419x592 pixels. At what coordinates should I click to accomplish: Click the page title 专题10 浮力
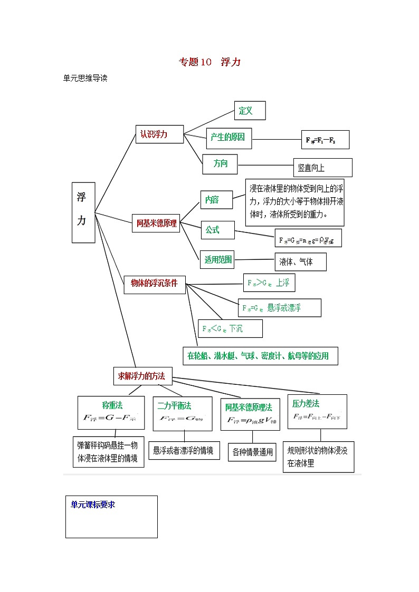[209, 62]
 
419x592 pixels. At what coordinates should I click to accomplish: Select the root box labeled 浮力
[83, 212]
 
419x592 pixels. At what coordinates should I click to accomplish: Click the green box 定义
[249, 111]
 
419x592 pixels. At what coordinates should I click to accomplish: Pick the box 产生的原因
[228, 138]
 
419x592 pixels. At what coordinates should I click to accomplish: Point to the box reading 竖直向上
[322, 168]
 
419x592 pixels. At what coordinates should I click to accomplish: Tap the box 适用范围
[218, 259]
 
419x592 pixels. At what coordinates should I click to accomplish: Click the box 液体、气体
[300, 262]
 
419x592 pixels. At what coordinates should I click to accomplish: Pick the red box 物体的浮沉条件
[154, 284]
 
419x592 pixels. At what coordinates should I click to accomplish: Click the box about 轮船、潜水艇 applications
[260, 356]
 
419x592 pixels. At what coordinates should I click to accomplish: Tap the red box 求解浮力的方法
[142, 376]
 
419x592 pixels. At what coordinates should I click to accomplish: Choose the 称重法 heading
[112, 405]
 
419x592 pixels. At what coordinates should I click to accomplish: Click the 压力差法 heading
[306, 403]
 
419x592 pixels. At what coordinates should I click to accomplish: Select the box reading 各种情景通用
[252, 452]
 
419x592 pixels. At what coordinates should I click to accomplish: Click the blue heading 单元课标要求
[93, 504]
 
